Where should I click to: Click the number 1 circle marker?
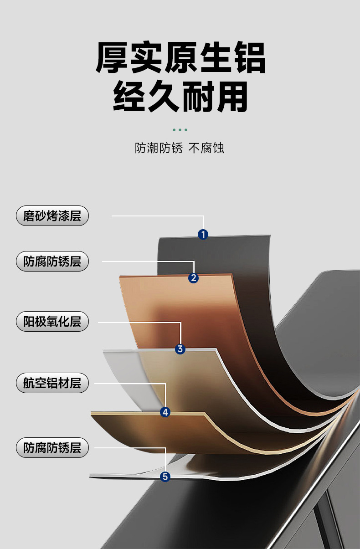203,235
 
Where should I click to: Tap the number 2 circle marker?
194,277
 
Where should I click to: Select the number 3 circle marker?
180,349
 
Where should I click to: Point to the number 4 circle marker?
165,412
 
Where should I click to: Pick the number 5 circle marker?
165,477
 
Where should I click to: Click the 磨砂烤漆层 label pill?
52,215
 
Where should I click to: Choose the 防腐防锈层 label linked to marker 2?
52,262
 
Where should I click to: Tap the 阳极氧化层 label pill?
52,322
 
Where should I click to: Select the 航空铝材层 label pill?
52,383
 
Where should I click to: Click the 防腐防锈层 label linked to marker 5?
52,447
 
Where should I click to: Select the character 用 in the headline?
232,96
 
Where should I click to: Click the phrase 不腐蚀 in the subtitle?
206,148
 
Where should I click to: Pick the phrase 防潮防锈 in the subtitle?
159,148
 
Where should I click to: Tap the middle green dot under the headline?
180,130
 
